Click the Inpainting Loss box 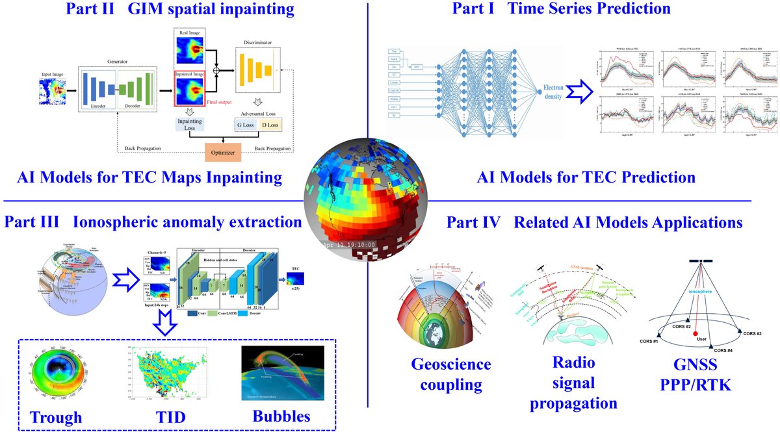(x=191, y=123)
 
